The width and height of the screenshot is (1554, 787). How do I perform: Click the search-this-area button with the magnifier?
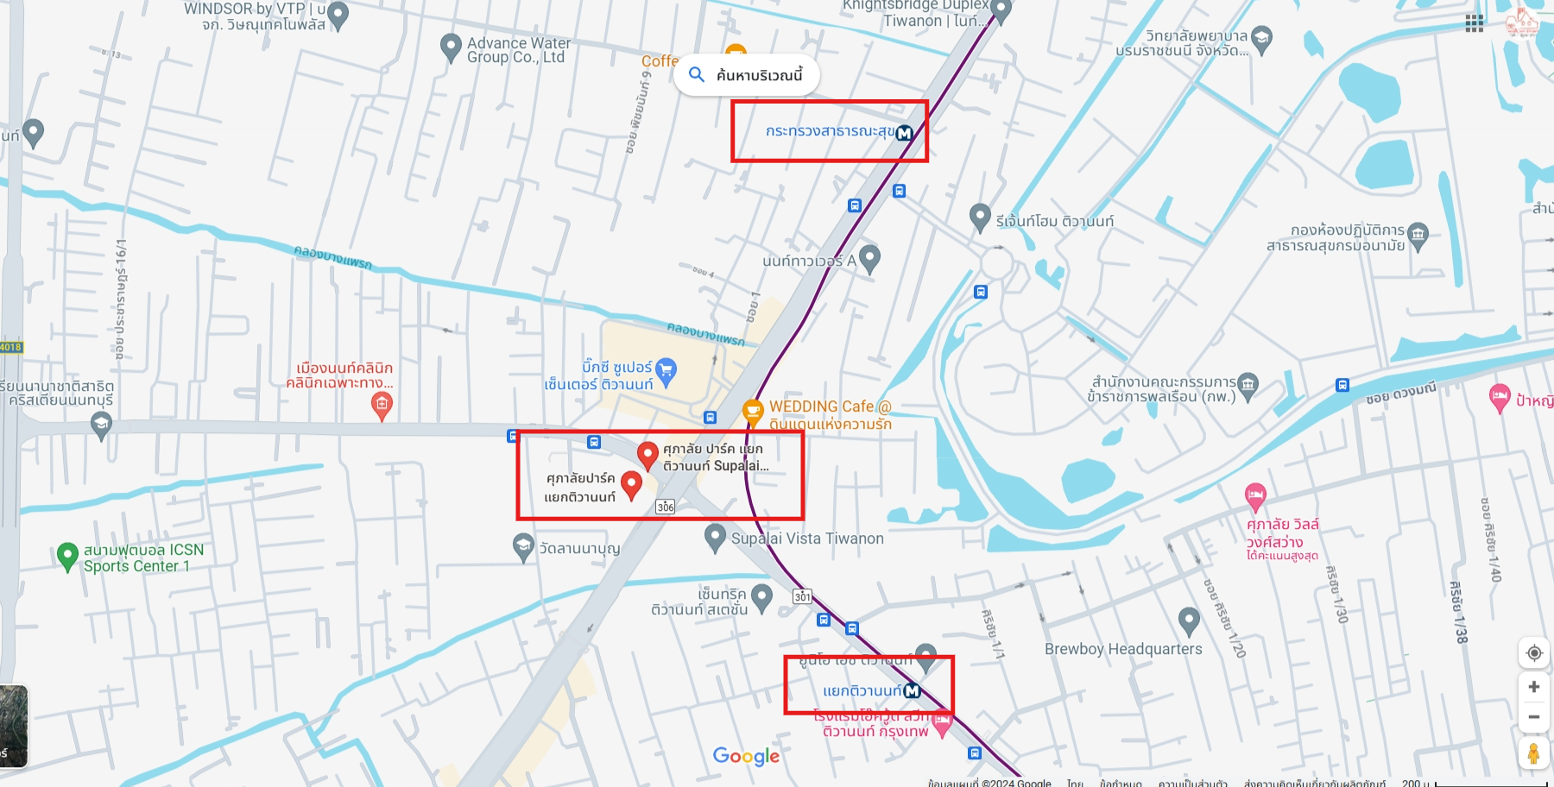[x=746, y=75]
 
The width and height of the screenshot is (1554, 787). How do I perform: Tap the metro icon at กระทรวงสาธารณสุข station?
[x=904, y=133]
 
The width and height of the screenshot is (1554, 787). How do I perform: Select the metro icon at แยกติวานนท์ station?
[x=912, y=690]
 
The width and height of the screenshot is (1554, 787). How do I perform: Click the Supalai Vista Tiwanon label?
[x=807, y=538]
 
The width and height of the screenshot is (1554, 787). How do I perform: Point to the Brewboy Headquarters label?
[x=1122, y=649]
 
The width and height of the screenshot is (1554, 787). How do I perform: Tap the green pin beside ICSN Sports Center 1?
[x=67, y=556]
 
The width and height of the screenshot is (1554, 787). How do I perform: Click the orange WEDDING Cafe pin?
[x=753, y=411]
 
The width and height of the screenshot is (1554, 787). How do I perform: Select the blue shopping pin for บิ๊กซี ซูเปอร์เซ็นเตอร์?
[x=666, y=370]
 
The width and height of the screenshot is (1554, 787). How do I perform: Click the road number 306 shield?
[x=665, y=507]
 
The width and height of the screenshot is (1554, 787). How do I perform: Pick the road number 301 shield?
[x=802, y=596]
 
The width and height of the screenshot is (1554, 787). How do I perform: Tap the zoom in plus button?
[x=1534, y=687]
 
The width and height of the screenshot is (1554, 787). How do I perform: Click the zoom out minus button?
[x=1534, y=717]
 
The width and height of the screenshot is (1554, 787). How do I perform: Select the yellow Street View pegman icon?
[x=1533, y=753]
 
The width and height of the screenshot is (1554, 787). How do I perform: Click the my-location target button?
[x=1534, y=652]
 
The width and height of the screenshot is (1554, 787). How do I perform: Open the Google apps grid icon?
[x=1475, y=24]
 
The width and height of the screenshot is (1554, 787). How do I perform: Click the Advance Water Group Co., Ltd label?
[x=518, y=50]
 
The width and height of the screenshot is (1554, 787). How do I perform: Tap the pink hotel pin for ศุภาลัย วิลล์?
[x=1255, y=496]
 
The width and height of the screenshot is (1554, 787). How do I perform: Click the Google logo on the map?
[x=746, y=756]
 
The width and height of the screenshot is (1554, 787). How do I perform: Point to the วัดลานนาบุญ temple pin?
[x=523, y=546]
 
